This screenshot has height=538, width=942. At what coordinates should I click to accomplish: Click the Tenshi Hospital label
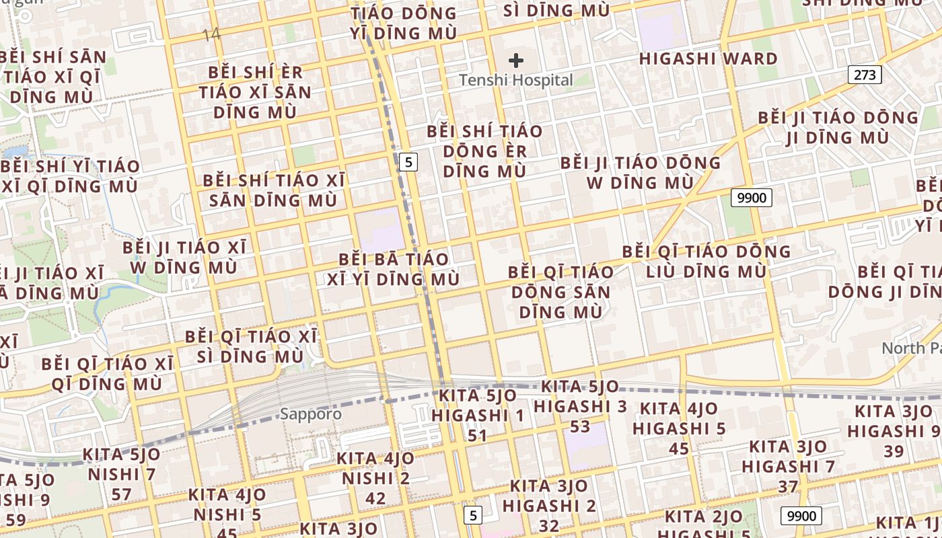coord(516,81)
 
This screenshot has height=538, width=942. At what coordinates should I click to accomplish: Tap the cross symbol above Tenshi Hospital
coord(516,61)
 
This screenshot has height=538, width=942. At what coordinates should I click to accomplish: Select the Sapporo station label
coord(310,414)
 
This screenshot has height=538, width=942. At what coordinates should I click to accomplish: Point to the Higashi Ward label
coord(709,59)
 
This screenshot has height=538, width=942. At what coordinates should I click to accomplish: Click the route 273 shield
coord(864,74)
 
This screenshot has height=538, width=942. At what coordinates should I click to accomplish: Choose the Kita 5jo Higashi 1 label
coord(478,406)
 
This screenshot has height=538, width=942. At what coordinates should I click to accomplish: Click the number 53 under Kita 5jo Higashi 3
coord(580,426)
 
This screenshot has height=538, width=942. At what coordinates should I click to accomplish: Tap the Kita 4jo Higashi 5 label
coord(679,418)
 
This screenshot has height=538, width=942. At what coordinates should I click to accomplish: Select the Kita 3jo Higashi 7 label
coord(788,457)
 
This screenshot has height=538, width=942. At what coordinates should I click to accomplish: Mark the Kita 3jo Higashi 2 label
coord(549,496)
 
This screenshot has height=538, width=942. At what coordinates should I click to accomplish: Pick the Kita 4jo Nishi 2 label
coord(375,469)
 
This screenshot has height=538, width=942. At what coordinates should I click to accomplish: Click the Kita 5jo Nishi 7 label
coord(122,465)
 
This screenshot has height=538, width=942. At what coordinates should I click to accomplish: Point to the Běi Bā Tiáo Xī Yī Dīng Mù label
coord(394,269)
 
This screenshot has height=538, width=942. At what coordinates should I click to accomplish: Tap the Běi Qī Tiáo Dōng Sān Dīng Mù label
coord(560,292)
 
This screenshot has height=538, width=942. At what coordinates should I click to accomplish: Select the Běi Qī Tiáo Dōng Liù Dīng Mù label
coord(706,262)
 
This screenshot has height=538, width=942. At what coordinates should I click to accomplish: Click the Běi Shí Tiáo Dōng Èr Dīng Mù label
coord(484,151)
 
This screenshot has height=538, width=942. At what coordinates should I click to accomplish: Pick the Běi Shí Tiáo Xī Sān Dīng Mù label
coord(273,190)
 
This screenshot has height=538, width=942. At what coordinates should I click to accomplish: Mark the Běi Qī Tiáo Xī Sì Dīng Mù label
coord(251,346)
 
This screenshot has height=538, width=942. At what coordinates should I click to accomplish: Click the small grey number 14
coord(211,34)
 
